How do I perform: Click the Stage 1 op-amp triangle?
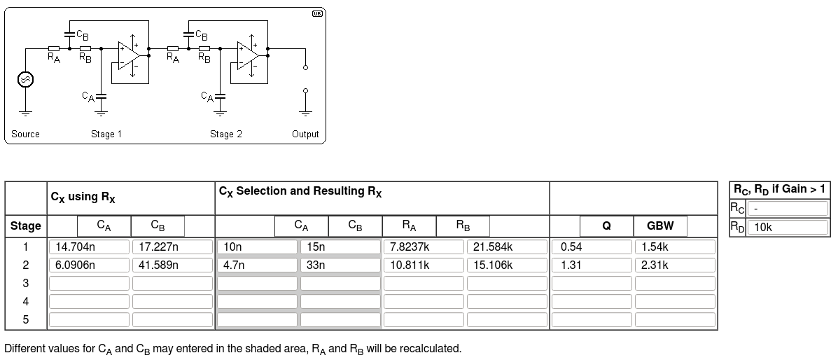tap(128, 55)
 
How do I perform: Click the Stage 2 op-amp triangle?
tap(247, 55)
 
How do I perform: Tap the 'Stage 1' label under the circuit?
tap(106, 134)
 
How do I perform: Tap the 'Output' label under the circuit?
tap(305, 134)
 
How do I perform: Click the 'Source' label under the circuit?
tap(25, 134)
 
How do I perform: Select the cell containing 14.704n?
tap(89, 247)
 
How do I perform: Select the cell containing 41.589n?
tap(172, 265)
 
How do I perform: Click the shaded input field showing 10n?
tap(257, 247)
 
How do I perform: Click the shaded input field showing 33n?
tap(340, 265)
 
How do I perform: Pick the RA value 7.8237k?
tap(424, 247)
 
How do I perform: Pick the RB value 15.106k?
tap(507, 265)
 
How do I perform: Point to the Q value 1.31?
tap(592, 265)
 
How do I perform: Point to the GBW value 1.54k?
tap(675, 247)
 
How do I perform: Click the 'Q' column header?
tap(606, 226)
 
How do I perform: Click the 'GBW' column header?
tap(660, 226)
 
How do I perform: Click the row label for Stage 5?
tap(26, 319)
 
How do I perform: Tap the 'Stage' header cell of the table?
tap(26, 226)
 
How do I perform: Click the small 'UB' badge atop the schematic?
tap(317, 13)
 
